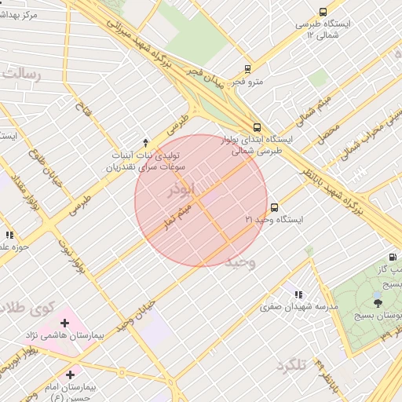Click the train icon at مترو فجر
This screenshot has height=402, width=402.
point(247,69)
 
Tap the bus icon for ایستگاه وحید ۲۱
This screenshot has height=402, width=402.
point(274,208)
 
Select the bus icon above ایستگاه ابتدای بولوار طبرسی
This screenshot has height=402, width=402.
point(258,127)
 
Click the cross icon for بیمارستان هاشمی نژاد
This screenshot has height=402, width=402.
point(64,323)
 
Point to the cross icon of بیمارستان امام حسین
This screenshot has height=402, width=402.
point(71,375)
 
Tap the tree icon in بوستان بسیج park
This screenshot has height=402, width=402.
point(378,301)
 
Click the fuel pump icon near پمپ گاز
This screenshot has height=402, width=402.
point(392,257)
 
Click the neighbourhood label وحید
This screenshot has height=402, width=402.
point(240,261)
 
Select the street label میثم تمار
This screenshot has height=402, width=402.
point(176,214)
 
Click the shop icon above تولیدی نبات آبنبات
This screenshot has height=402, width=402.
point(145,141)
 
